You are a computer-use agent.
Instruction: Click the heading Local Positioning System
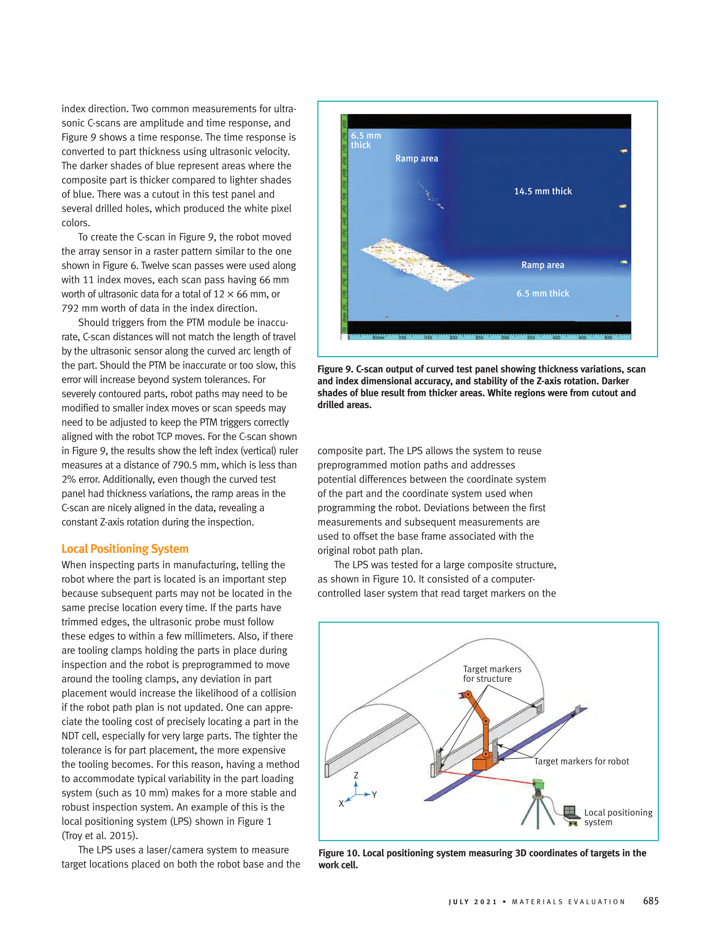(125, 549)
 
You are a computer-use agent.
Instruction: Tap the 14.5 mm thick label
(543, 191)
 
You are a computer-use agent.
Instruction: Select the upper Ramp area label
(416, 158)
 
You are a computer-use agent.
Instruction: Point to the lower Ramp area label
(543, 265)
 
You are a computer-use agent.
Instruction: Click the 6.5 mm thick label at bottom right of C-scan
(543, 293)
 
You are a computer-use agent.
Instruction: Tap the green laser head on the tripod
(538, 783)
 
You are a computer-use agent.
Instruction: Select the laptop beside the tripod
(571, 812)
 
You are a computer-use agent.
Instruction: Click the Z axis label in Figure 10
(356, 775)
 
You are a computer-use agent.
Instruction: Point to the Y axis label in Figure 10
(374, 795)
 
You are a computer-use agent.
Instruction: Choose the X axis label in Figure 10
(341, 804)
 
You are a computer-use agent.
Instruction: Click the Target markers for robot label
(581, 761)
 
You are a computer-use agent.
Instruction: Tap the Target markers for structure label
(492, 674)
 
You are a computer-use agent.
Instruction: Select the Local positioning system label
(618, 817)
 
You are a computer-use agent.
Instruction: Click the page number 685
(650, 901)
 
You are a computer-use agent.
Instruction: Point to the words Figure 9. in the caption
(336, 369)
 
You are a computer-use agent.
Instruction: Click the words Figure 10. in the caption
(339, 853)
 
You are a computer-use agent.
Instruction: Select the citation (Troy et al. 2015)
(100, 835)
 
